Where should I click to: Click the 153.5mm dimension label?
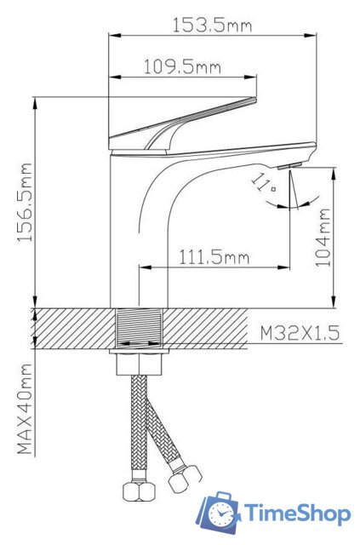tap(212, 26)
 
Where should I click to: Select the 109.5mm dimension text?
tap(182, 66)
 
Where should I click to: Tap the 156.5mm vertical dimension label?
tap(26, 203)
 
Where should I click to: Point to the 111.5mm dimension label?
tap(214, 257)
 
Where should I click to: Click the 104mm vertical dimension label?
tap(323, 238)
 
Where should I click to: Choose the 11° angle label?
tap(263, 183)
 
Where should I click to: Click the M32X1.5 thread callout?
tap(300, 334)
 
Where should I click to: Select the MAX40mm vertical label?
tap(25, 409)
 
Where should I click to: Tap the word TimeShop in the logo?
tap(298, 513)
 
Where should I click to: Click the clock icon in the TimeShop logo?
tap(221, 513)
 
